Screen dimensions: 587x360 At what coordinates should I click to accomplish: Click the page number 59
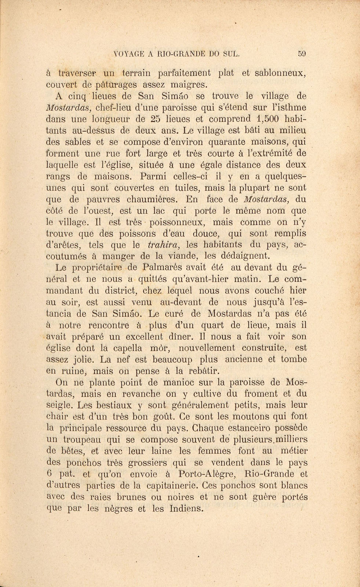point(302,54)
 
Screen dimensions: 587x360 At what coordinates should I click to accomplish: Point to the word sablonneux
point(279,73)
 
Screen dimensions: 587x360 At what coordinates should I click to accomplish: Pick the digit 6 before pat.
point(51,474)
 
